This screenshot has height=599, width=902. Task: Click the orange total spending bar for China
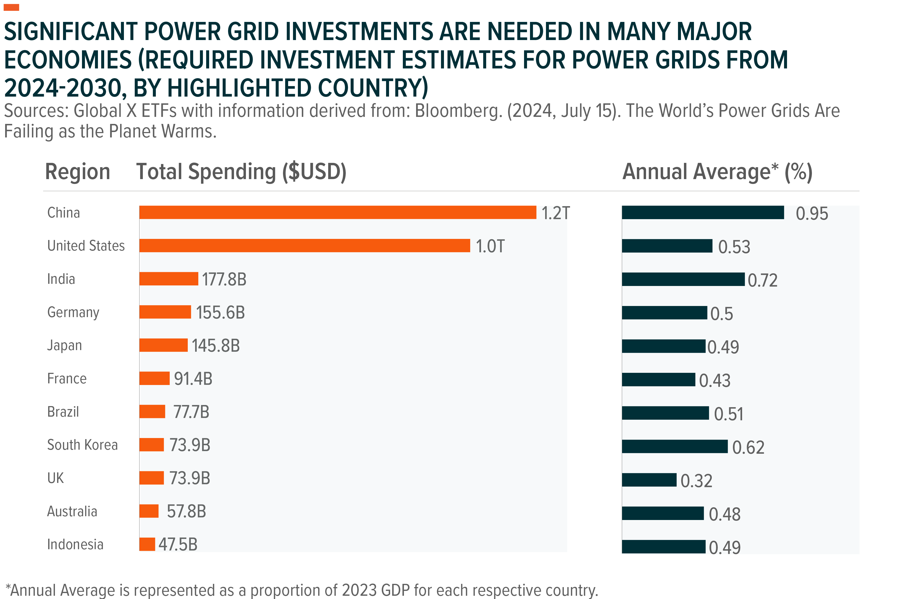coord(337,212)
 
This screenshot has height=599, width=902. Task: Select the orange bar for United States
coord(304,246)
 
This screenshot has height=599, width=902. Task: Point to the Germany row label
coord(73,312)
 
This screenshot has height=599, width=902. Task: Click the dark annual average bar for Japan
coord(663,346)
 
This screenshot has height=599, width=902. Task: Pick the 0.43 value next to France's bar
coord(715,380)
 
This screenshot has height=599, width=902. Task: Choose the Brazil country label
coord(63,412)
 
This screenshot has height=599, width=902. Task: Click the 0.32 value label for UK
coord(696,480)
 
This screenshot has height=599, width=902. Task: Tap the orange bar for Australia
coord(149,511)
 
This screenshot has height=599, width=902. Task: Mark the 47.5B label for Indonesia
coord(178,544)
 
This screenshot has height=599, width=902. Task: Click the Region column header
coord(78,172)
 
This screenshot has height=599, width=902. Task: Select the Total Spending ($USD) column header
coord(241,172)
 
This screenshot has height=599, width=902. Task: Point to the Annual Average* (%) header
coord(717,172)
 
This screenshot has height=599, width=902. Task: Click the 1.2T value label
coord(555,213)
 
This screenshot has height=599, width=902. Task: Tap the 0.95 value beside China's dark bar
coord(811,213)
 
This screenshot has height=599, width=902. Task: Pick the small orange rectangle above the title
coord(11,7)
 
